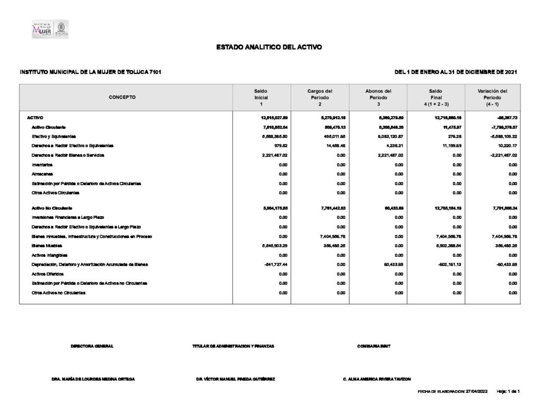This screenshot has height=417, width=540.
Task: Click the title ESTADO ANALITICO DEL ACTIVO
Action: tap(269, 47)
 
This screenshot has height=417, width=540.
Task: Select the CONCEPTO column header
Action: tap(122, 98)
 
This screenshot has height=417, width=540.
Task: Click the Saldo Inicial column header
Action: tap(261, 98)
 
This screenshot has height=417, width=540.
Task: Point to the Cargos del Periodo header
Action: tap(320, 98)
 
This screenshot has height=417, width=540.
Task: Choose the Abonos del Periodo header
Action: tap(378, 98)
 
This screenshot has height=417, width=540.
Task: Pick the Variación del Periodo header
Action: tap(492, 98)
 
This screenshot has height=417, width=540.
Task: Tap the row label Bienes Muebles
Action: tap(47, 245)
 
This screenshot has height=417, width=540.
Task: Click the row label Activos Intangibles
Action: tap(50, 255)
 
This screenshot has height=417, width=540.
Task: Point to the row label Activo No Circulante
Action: tap(52, 208)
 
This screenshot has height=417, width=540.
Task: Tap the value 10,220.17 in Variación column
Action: tap(505, 146)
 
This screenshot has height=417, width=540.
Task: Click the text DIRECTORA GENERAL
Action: tap(92, 346)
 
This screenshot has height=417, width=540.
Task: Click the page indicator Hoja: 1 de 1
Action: tap(508, 392)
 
